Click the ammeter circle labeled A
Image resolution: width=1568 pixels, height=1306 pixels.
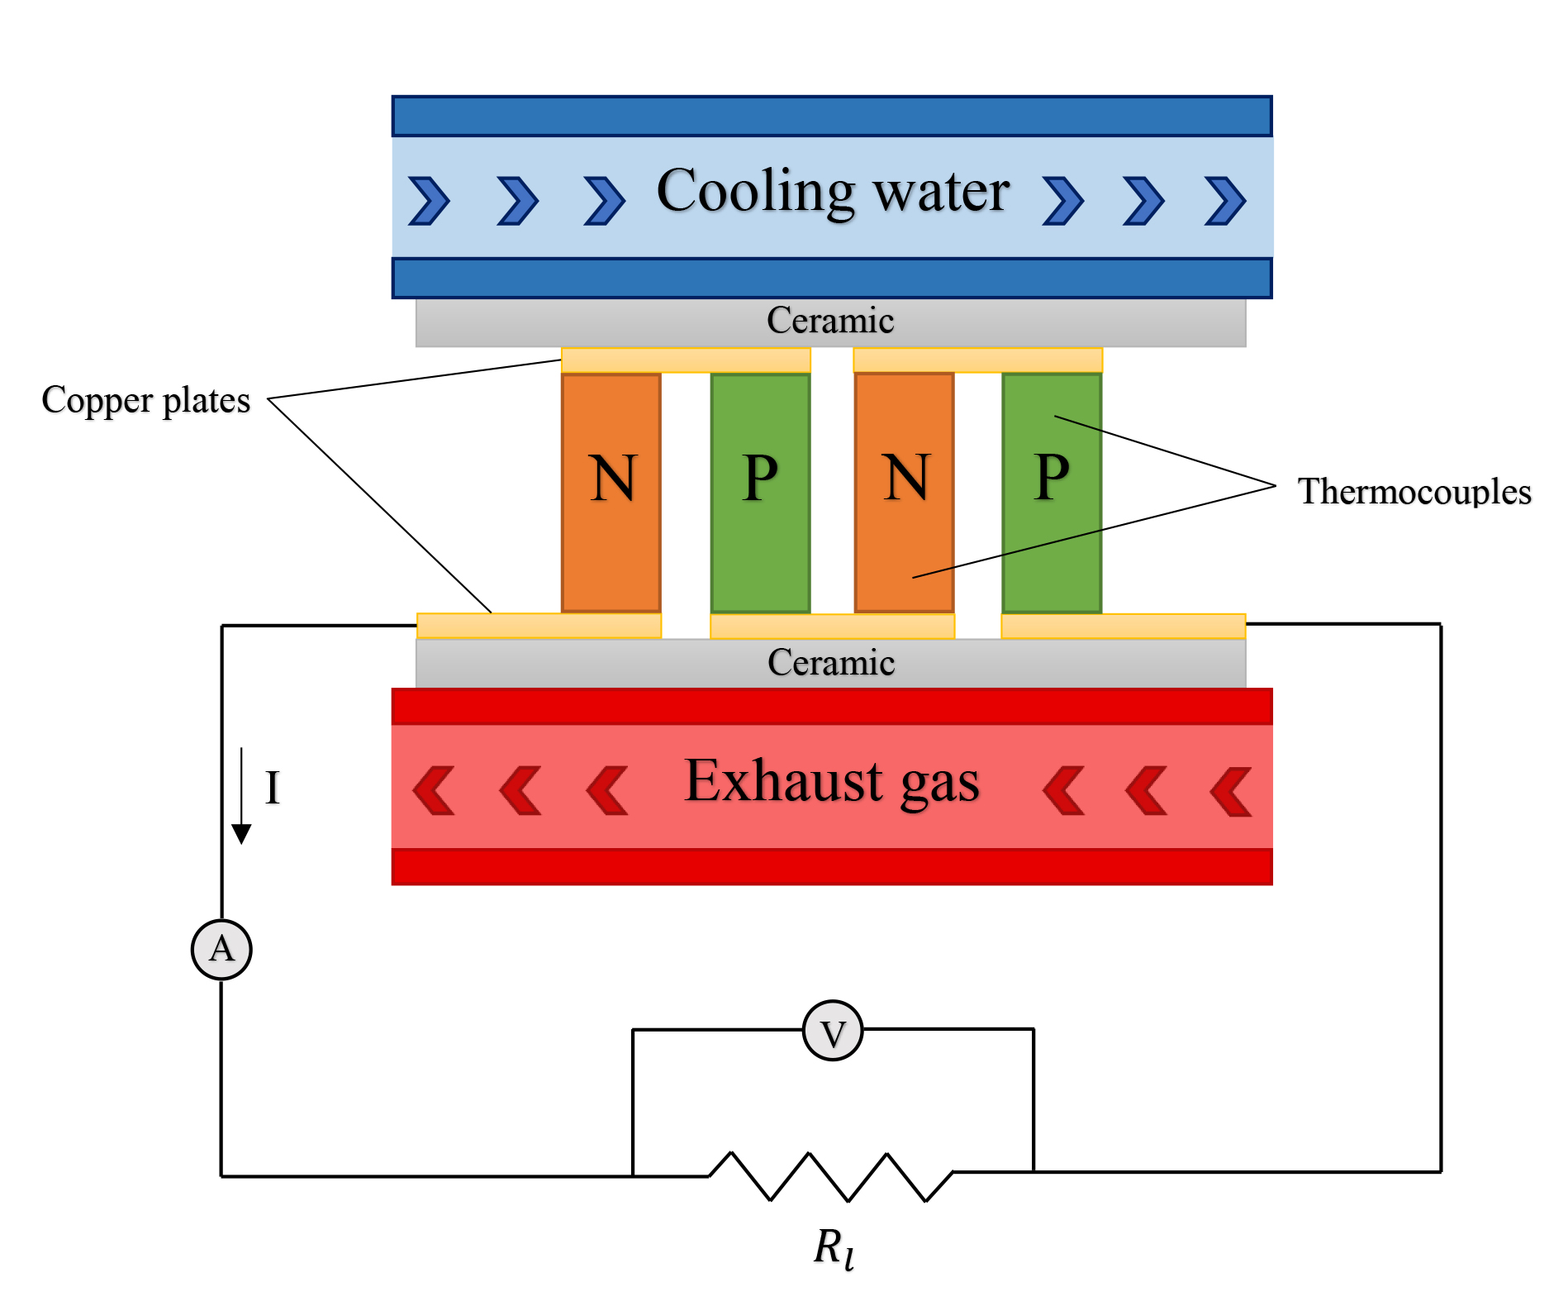(x=221, y=949)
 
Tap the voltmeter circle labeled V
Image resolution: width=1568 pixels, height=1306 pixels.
(x=833, y=1032)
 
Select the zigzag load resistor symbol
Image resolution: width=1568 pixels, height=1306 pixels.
(x=831, y=1175)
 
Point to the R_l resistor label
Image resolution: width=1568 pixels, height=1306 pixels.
(x=834, y=1247)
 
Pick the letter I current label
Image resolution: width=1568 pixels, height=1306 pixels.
(x=273, y=788)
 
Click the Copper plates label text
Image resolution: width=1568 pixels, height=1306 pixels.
(x=146, y=401)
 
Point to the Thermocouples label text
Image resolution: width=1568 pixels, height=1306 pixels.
(x=1414, y=492)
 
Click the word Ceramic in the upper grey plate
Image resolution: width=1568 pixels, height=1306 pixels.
(x=830, y=321)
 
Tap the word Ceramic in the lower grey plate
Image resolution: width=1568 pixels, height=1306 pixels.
(x=831, y=663)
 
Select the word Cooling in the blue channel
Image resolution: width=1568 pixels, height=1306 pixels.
(x=755, y=192)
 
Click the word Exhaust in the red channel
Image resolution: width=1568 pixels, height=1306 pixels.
(x=784, y=781)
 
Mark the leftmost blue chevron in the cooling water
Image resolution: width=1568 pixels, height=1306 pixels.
(x=429, y=201)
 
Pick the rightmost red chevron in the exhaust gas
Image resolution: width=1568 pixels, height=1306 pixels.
(x=1231, y=792)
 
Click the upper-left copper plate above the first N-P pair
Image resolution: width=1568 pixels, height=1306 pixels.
(x=686, y=360)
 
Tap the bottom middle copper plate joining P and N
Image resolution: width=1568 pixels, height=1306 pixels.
(x=832, y=627)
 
